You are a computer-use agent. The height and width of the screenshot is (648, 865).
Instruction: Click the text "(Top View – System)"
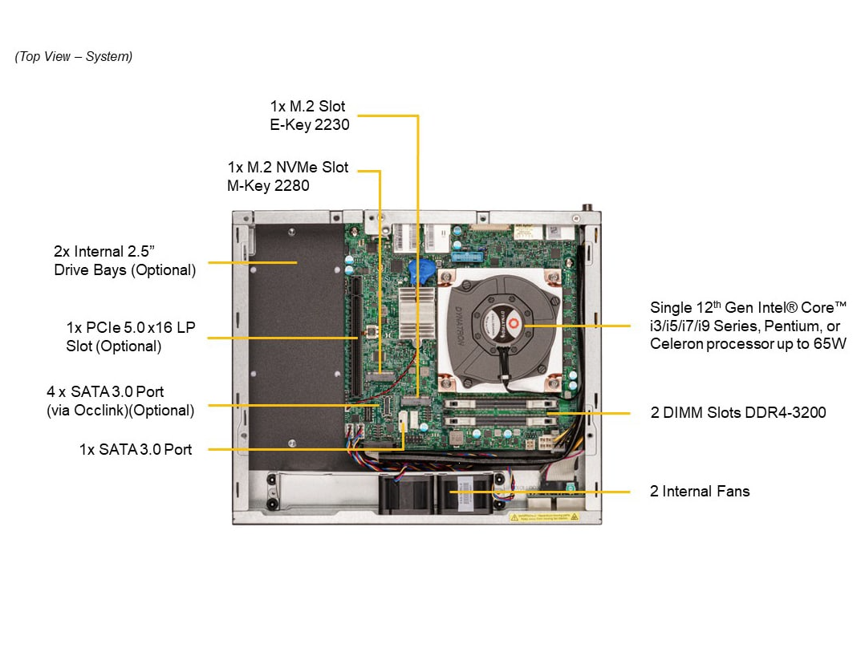74,57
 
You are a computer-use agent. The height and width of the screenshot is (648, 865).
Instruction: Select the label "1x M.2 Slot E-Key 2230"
309,115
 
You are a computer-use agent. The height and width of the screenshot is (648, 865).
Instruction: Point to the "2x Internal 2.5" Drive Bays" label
124,261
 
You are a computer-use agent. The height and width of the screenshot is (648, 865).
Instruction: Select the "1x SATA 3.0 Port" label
136,450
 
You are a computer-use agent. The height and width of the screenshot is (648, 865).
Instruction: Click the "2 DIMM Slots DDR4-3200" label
737,413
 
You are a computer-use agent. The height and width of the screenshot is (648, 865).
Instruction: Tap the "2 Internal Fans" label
700,492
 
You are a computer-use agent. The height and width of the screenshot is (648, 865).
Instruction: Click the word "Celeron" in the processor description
675,344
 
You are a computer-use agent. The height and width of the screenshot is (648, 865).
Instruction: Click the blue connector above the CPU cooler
466,257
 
